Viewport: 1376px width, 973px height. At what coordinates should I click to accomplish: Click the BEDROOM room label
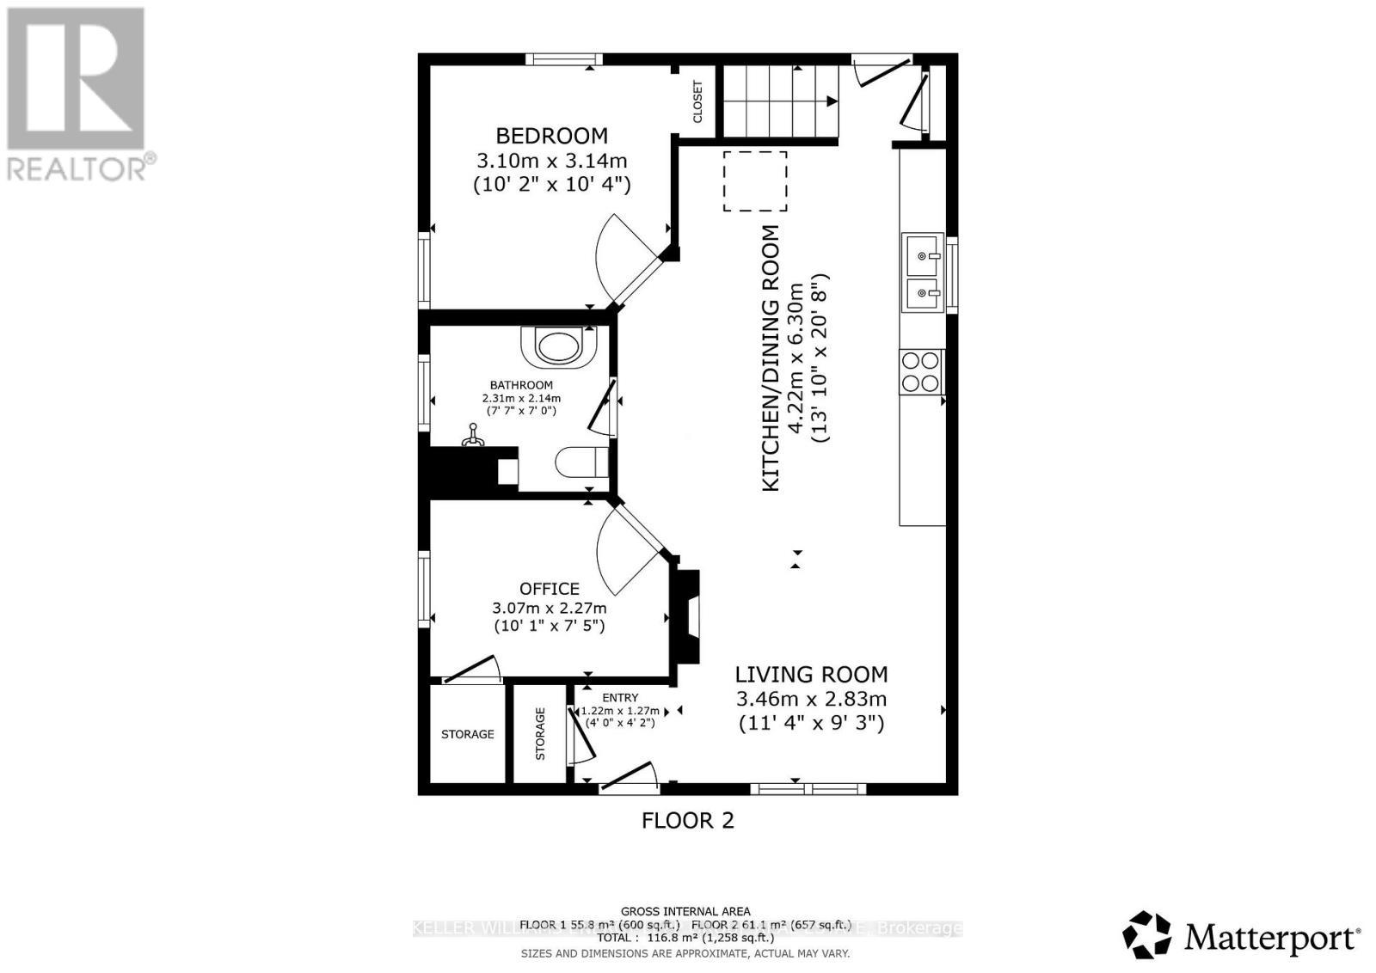pyautogui.click(x=551, y=136)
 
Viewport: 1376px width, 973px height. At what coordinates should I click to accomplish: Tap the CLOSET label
pyautogui.click(x=697, y=101)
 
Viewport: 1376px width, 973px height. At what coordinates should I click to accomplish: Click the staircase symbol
pyautogui.click(x=779, y=101)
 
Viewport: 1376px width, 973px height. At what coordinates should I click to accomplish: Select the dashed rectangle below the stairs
pyautogui.click(x=755, y=181)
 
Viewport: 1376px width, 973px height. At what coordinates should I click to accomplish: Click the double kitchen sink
pyautogui.click(x=922, y=272)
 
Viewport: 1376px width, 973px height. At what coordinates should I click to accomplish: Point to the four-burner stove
pyautogui.click(x=921, y=371)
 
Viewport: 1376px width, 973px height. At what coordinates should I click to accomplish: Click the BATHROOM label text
pyautogui.click(x=521, y=385)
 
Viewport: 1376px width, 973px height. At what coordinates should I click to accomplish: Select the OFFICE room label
pyautogui.click(x=549, y=589)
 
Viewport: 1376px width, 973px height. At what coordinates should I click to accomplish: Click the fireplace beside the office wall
pyautogui.click(x=687, y=616)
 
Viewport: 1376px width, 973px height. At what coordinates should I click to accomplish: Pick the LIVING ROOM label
pyautogui.click(x=811, y=675)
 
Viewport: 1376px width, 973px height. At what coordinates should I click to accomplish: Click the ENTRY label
pyautogui.click(x=620, y=698)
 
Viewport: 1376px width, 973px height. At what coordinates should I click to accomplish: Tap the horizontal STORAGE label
pyautogui.click(x=467, y=734)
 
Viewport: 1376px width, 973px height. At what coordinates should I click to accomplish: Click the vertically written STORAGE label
pyautogui.click(x=540, y=734)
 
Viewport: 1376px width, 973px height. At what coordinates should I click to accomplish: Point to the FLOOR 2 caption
pyautogui.click(x=688, y=820)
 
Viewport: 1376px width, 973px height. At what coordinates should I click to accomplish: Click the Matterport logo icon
pyautogui.click(x=1147, y=935)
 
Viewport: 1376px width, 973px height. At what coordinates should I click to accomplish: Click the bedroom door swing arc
pyautogui.click(x=612, y=258)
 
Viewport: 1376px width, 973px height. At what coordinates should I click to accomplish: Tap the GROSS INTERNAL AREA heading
pyautogui.click(x=685, y=911)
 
